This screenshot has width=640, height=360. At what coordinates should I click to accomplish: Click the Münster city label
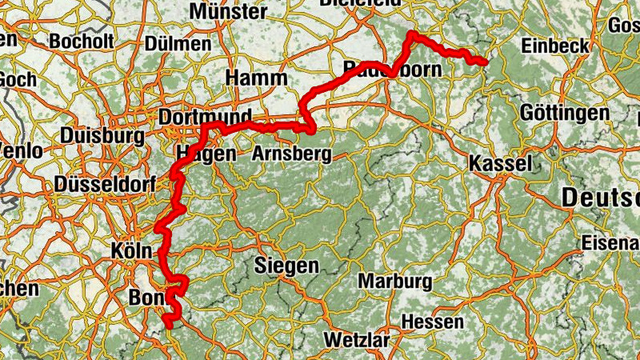pos(228,12)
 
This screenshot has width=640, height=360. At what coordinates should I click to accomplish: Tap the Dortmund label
pos(206,117)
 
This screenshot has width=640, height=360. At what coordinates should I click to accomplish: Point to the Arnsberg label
pos(291,154)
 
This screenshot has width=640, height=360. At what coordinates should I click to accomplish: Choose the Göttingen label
pos(564,113)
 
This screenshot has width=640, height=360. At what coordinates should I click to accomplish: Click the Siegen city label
pos(286,266)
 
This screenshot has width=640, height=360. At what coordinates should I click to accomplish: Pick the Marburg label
pos(394,282)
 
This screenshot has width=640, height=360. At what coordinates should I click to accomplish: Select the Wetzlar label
pos(356,340)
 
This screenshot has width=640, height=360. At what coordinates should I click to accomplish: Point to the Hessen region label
pos(432,322)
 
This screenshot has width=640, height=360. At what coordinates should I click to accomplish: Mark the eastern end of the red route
pos(486,62)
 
